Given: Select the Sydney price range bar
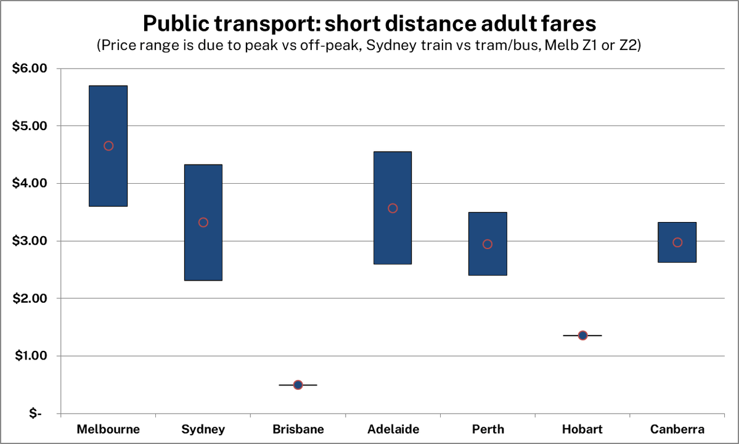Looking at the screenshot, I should click(203, 253).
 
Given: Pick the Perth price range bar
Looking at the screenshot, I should click(488, 262).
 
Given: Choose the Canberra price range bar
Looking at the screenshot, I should click(677, 253).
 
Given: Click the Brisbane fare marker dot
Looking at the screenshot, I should click(298, 385).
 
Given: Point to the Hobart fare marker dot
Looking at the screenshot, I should click(582, 335).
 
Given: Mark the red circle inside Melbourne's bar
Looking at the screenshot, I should click(108, 146).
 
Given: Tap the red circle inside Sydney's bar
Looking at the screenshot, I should click(203, 223).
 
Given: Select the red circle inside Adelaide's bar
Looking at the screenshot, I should click(393, 208).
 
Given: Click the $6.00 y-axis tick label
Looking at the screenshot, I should click(30, 68).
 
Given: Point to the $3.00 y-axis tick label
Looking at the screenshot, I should click(30, 241).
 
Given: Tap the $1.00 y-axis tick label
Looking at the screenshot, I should click(30, 356).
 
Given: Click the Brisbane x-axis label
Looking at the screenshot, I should click(298, 429).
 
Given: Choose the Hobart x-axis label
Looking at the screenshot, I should click(582, 429).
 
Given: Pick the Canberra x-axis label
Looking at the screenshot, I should click(677, 429).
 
